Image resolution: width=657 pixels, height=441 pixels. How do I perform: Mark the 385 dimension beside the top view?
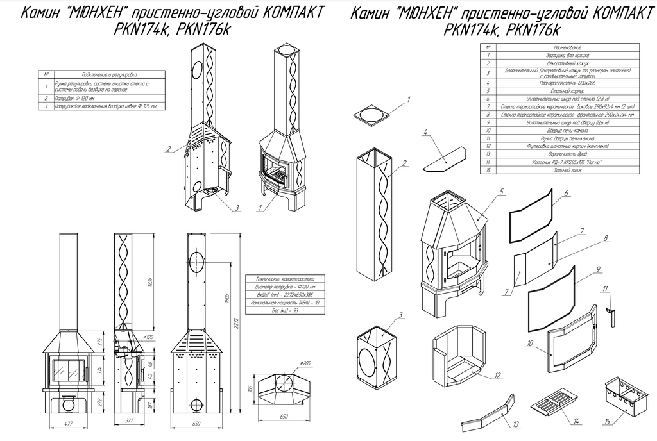(x=248, y=391)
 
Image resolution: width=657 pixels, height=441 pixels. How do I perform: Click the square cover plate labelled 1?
(x=371, y=114)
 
